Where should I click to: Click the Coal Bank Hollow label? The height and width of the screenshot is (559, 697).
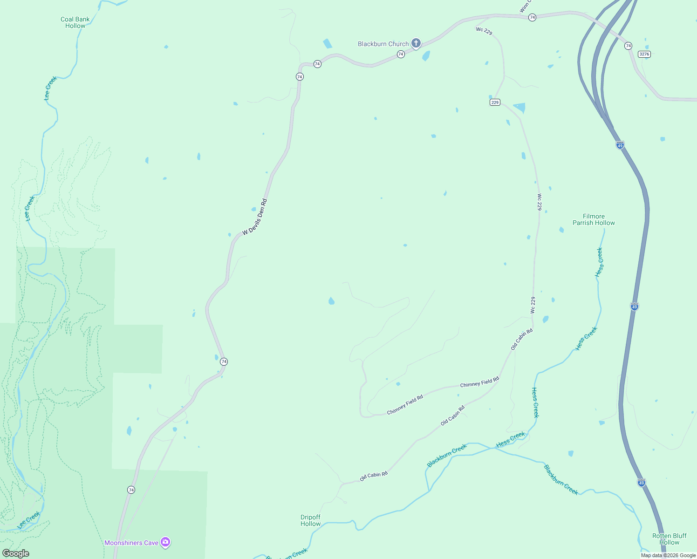[75, 22]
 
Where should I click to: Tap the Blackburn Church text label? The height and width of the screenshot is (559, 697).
[383, 44]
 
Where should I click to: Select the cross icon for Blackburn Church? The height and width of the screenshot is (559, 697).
[416, 43]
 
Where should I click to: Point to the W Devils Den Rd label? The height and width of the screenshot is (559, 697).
[255, 217]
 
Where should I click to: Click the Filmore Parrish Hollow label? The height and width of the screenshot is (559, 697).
[594, 219]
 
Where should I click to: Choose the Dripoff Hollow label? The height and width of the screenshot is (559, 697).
[310, 520]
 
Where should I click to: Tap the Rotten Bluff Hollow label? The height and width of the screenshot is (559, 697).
[670, 539]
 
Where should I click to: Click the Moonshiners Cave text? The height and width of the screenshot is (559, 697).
[131, 543]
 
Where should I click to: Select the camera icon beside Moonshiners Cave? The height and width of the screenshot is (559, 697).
[165, 542]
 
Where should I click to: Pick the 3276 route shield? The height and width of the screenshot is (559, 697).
[644, 54]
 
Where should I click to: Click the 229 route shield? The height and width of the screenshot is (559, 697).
[495, 102]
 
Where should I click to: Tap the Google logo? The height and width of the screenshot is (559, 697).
[16, 553]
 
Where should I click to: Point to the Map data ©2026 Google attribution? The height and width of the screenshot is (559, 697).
[668, 555]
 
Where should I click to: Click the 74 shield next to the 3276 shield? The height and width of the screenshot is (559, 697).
[629, 46]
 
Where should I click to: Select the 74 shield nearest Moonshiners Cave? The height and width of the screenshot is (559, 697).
[131, 490]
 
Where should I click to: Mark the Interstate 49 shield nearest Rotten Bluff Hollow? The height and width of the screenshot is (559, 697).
[642, 483]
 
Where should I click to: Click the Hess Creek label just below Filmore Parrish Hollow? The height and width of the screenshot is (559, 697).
[600, 262]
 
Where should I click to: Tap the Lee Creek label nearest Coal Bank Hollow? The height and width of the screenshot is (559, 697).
[50, 88]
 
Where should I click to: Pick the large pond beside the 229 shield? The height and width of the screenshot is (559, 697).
[519, 108]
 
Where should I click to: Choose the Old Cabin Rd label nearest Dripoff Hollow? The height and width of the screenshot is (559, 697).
[374, 476]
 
